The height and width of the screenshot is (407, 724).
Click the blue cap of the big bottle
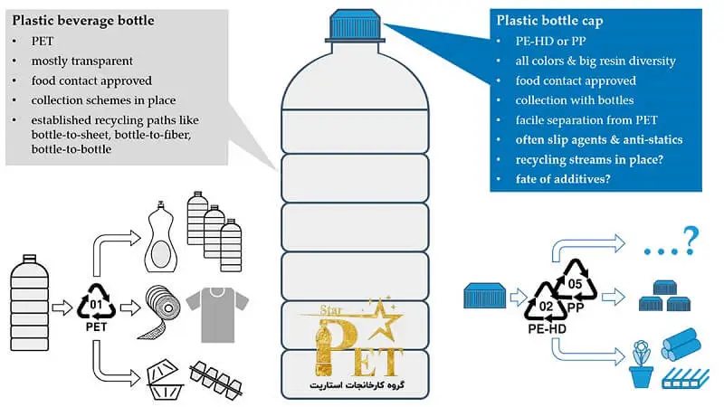tap(355, 26)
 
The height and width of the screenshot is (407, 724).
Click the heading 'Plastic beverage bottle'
tap(83, 21)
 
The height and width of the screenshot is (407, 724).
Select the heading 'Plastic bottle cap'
tap(549, 21)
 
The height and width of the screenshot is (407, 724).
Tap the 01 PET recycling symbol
tap(96, 302)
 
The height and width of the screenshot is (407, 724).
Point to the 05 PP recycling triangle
tap(575, 279)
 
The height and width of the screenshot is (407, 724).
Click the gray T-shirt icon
tap(217, 314)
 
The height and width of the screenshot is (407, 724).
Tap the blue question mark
tap(691, 241)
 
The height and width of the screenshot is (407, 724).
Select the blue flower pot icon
tap(642, 364)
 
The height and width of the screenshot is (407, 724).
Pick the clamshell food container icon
tap(165, 379)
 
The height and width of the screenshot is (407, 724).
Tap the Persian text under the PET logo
tap(357, 385)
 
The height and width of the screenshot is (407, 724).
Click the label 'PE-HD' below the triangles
tap(547, 329)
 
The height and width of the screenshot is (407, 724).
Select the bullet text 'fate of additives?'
tap(563, 179)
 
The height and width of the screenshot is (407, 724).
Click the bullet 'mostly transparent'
tap(81, 61)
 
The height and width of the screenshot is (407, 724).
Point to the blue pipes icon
tap(681, 345)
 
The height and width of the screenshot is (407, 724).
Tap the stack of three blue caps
tap(665, 296)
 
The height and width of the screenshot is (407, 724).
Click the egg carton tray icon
tap(215, 378)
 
